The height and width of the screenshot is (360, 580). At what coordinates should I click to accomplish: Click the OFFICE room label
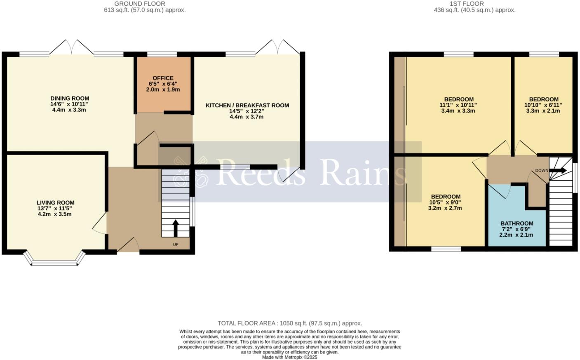163,78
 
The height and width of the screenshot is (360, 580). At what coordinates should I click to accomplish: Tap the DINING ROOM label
70,99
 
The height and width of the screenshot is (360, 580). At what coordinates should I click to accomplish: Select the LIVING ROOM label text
55,203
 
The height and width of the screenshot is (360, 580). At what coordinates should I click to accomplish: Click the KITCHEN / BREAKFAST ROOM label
247,106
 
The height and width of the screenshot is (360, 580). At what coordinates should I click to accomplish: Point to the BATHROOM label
517,224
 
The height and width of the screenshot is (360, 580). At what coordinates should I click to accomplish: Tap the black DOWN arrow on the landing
559,170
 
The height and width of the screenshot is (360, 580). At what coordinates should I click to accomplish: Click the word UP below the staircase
176,245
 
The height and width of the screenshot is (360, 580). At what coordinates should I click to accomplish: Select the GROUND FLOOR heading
139,4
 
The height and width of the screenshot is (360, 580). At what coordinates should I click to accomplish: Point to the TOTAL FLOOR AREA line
290,323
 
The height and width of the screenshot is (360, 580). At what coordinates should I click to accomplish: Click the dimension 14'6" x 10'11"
69,104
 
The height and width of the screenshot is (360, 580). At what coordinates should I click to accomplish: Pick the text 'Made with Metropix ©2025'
290,357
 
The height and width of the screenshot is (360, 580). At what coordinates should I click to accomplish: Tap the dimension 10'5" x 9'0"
445,202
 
